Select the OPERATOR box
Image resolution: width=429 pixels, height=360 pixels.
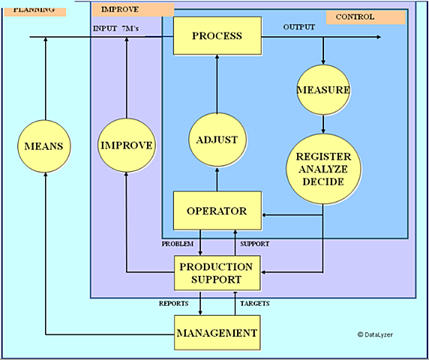217,211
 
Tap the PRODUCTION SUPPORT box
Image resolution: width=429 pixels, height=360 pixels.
217,272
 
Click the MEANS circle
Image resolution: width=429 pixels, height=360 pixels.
46,144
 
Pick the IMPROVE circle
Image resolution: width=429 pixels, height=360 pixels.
127,144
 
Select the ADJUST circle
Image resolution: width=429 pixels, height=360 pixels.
217,139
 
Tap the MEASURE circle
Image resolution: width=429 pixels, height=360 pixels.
323,90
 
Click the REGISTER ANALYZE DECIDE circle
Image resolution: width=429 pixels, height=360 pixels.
323,169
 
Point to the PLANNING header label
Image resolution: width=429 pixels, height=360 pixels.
34,10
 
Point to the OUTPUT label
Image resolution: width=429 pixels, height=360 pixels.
298,28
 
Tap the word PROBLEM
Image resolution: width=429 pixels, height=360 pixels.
178,244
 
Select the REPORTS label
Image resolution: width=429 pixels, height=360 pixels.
178,303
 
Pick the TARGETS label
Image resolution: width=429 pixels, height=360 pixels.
254,303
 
